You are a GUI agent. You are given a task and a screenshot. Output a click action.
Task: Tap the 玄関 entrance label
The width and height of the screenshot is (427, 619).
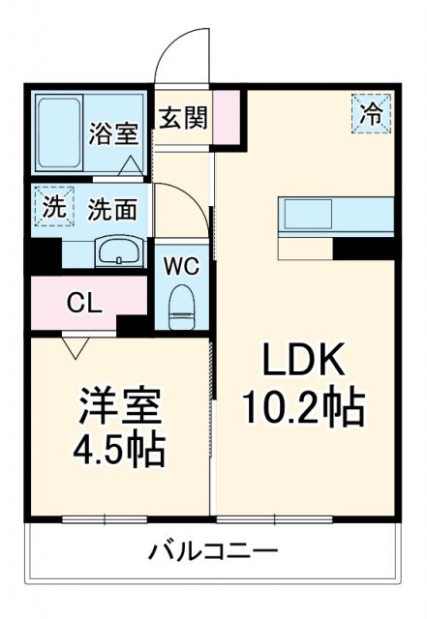(x=183, y=118)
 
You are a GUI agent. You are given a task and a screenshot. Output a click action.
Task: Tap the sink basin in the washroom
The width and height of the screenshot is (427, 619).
(x=119, y=252)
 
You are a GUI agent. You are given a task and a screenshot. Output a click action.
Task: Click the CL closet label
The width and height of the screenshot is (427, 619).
(x=83, y=303)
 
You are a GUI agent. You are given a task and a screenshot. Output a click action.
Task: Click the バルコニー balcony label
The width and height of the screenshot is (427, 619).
(x=212, y=551)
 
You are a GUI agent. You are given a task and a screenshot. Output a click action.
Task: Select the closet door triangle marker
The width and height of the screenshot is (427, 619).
(x=75, y=342)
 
